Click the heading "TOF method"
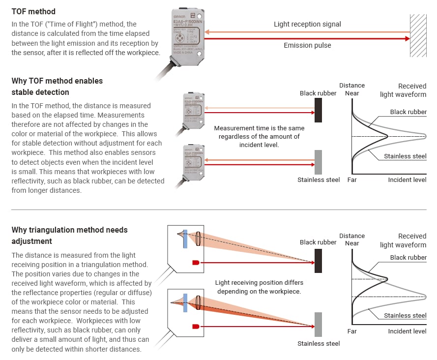pos(33,11)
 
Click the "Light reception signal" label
pos(307,24)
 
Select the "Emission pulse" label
pos(307,45)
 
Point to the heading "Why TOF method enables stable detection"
pos(57,86)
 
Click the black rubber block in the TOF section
pos(318,110)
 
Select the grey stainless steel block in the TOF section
pos(318,161)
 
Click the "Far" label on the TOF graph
pos(352,180)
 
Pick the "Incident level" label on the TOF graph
pos(407,180)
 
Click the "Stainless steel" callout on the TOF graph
pos(405,156)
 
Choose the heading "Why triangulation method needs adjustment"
pos(69,236)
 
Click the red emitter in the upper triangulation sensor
pos(196,263)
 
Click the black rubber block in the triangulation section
pos(318,261)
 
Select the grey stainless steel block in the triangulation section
pos(318,325)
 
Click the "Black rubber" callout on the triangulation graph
pos(408,258)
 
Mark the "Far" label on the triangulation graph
pos(352,331)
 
